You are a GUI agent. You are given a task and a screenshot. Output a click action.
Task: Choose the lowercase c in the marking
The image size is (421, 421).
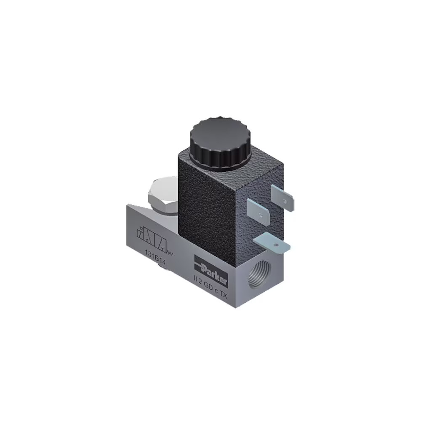tap(215, 290)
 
